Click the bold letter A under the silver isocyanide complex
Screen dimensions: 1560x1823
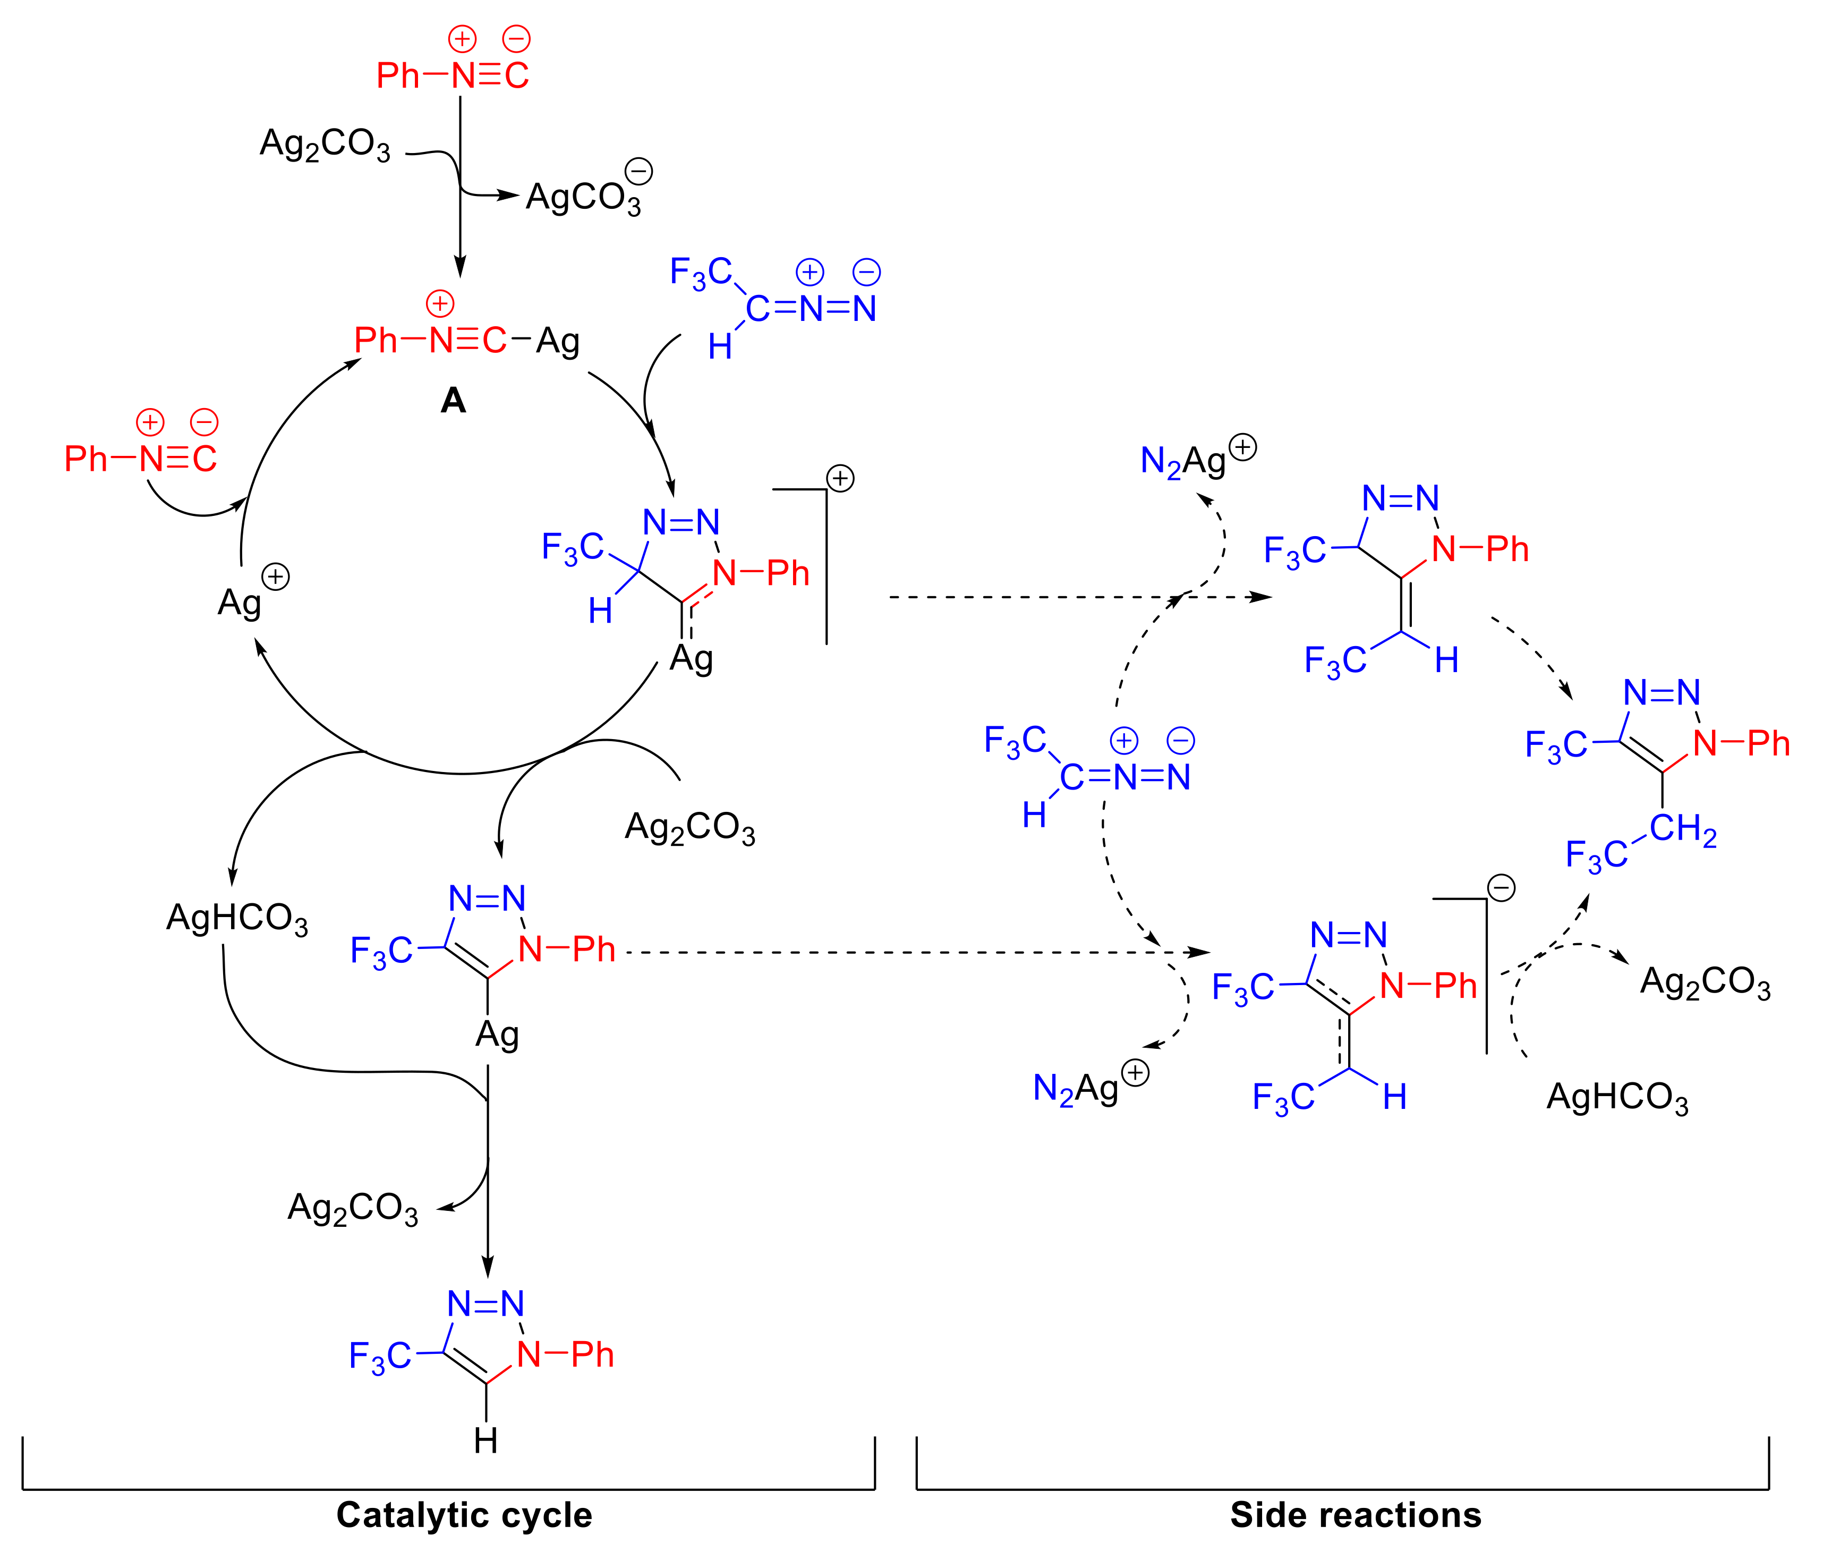coord(453,401)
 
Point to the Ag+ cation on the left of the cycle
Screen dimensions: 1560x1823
coord(240,603)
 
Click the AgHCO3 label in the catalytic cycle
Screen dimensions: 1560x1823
coord(237,918)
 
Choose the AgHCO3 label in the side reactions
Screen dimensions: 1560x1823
coord(1617,1097)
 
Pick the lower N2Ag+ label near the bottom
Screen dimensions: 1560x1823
coord(1076,1088)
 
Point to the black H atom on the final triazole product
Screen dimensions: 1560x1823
coord(485,1440)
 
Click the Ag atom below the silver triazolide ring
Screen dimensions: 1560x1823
coord(497,1035)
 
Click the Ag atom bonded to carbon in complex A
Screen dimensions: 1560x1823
coord(558,341)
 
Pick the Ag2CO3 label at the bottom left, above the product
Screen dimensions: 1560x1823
coord(353,1208)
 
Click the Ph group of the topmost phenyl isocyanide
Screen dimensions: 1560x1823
coord(398,75)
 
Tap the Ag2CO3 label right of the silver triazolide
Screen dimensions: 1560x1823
coord(690,827)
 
